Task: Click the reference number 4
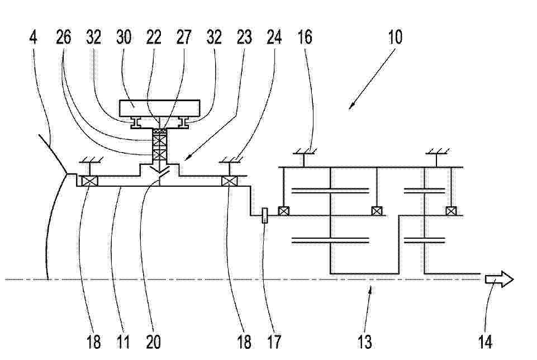[33, 37]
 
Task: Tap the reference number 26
[63, 37]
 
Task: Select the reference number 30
[123, 37]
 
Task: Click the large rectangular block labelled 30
[159, 108]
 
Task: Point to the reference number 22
[154, 37]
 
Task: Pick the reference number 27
[184, 37]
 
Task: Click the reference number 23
[244, 37]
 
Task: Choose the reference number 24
[274, 37]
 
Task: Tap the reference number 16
[305, 37]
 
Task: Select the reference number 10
[395, 37]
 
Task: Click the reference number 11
[123, 342]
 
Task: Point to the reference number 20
[154, 342]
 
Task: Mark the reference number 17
[274, 342]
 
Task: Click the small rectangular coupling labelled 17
[265, 215]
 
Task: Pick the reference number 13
[364, 342]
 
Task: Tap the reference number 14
[485, 342]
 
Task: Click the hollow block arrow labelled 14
[500, 279]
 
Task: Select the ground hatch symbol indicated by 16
[303, 151]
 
